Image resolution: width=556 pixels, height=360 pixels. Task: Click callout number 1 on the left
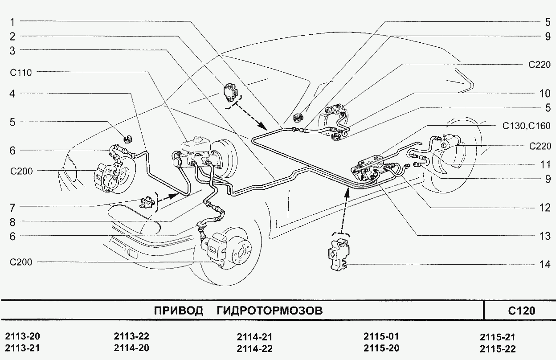12,22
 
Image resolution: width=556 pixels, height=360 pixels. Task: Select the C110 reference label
21,73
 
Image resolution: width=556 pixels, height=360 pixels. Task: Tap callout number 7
12,208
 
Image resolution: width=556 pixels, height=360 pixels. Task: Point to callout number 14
545,265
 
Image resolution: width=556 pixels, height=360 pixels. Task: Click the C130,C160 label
527,126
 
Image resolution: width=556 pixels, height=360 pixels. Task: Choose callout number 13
545,236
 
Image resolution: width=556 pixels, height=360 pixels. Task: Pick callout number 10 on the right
545,94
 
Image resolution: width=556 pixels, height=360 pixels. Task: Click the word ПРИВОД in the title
179,311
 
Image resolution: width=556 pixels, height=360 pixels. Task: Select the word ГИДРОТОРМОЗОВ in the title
270,311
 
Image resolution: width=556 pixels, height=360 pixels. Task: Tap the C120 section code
522,311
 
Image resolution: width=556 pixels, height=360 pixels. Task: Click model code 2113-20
22,336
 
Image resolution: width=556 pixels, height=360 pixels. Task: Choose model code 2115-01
381,336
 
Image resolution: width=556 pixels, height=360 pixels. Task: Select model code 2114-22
254,348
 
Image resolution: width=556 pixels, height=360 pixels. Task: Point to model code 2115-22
498,349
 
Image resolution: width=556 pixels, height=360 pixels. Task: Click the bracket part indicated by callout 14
339,254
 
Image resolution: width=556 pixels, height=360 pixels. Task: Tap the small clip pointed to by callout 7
147,202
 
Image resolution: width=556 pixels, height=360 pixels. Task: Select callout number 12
545,208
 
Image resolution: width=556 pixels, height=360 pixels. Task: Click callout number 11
545,165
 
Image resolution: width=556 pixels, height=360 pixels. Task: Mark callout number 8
12,222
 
